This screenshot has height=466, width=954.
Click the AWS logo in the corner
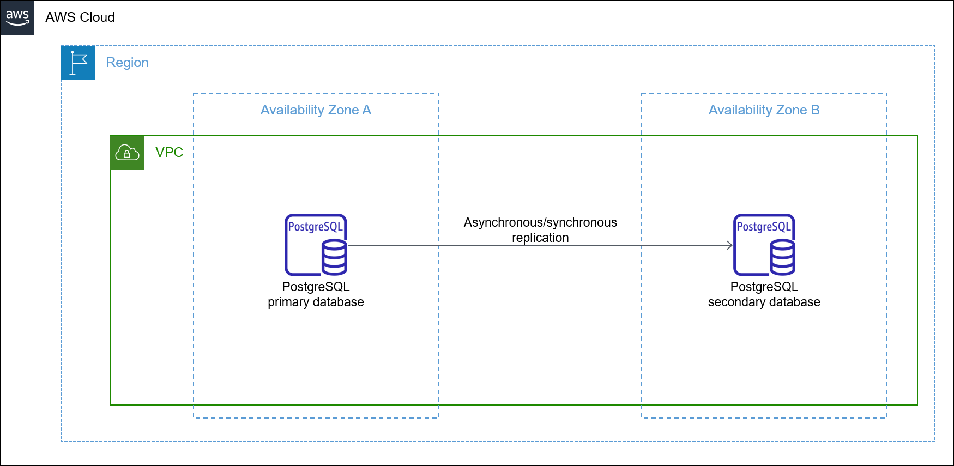point(17,17)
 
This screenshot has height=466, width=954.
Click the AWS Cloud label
point(80,17)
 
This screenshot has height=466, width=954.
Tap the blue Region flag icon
point(78,63)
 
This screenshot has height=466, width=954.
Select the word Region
point(127,63)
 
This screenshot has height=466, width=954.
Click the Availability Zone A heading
point(316,110)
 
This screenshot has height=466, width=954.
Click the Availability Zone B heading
point(764,110)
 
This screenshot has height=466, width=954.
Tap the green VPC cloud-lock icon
point(128,153)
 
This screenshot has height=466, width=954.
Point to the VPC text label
point(169,152)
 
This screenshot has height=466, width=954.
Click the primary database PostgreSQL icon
point(316,245)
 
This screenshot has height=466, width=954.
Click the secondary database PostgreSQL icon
point(764,245)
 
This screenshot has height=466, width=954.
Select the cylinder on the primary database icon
point(334,257)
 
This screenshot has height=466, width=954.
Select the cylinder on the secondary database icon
point(782,257)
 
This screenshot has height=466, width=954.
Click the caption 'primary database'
point(316,302)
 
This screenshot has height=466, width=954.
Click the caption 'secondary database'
point(764,302)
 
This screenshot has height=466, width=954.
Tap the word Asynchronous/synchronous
point(540,222)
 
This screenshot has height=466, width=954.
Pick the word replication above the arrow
point(540,238)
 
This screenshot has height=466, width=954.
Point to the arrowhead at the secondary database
point(730,245)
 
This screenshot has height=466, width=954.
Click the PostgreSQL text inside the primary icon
point(315,227)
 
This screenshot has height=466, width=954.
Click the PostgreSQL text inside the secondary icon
point(763,227)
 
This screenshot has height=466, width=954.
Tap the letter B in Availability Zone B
point(815,110)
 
